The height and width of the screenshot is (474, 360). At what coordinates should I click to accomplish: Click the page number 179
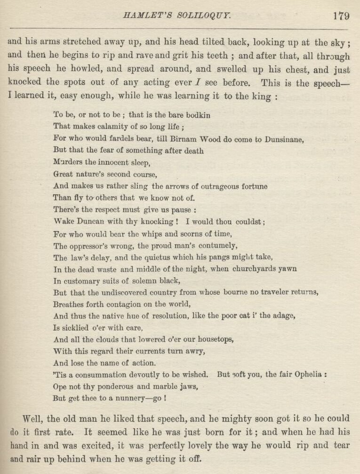tap(341, 16)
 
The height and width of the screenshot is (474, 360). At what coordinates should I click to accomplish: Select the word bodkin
tap(198, 114)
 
